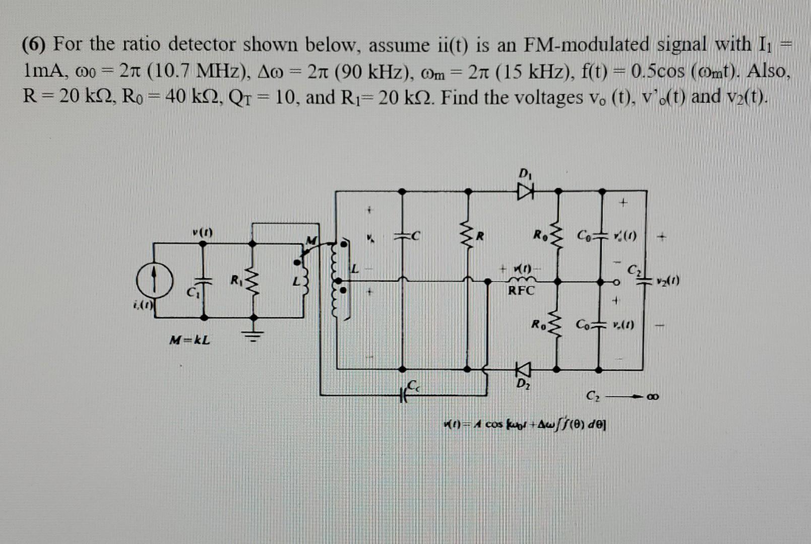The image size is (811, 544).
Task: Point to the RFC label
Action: (x=521, y=291)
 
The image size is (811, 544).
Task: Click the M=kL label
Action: (x=190, y=340)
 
